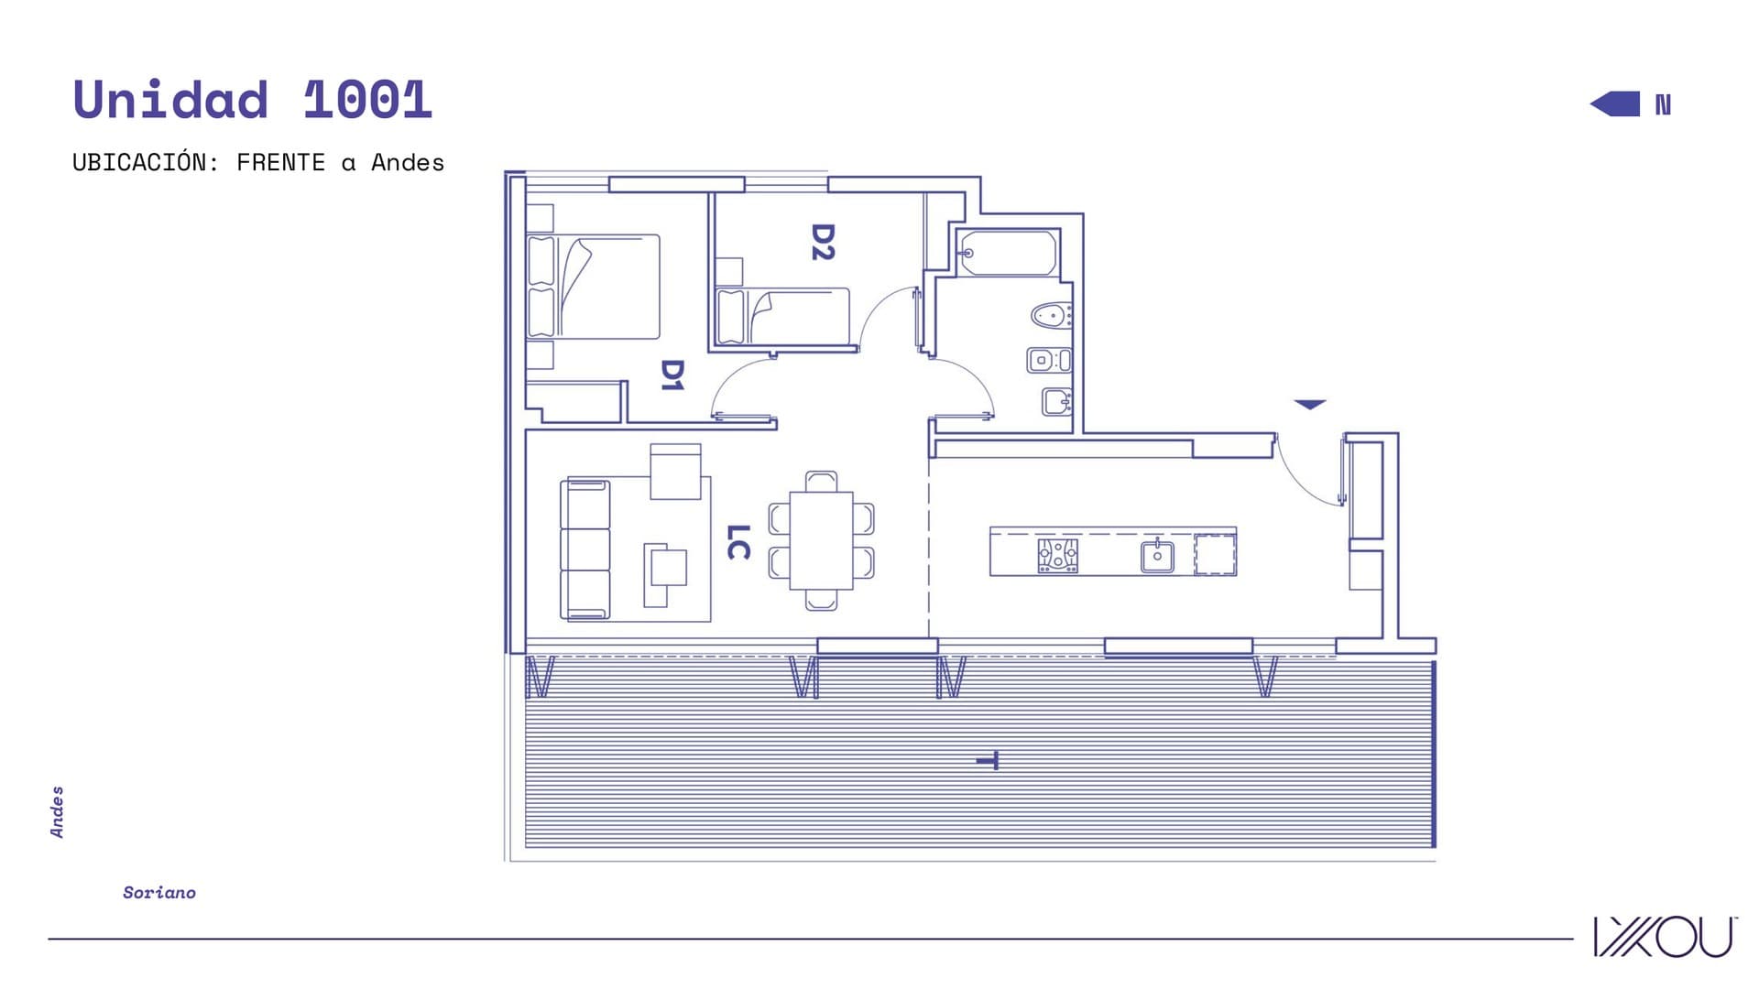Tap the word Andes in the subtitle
pos(408,163)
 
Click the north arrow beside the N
pos(1615,104)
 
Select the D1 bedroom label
pos(672,375)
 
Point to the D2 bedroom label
pos(823,242)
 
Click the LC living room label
pos(738,542)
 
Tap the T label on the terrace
pos(988,761)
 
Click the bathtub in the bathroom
pos(1008,253)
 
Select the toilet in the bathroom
pos(1052,316)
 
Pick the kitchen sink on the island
pos(1157,556)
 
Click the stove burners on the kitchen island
pos(1057,556)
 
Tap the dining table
pos(822,540)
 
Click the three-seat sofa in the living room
pos(585,549)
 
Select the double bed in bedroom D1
pos(594,287)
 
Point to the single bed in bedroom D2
pos(783,317)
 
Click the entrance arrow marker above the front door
pos(1310,404)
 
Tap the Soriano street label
pos(159,893)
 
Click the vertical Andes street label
pos(57,811)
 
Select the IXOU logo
pos(1664,937)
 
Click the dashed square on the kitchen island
pos(1216,555)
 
